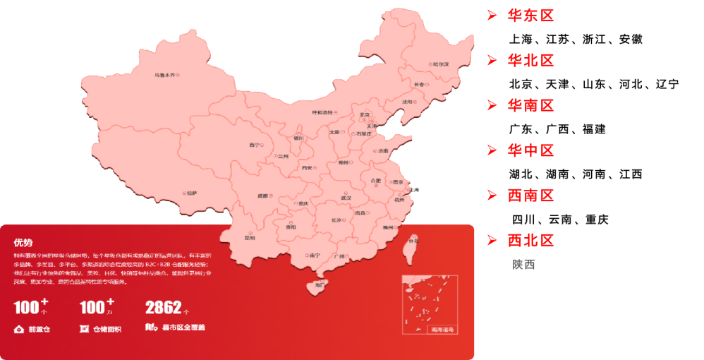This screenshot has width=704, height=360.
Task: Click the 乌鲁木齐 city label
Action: pos(165,74)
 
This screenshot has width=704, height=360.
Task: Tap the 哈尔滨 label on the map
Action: pos(440,64)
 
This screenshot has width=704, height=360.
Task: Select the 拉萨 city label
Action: pos(191,192)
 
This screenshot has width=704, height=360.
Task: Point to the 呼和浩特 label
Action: pos(323,112)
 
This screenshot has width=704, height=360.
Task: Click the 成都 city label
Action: pos(264,196)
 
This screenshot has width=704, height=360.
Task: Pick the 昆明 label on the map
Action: pos(250,238)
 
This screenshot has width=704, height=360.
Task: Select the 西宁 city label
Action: pos(254,145)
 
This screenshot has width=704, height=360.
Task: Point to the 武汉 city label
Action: pos(346,198)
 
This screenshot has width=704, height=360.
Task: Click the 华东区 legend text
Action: pos(530,16)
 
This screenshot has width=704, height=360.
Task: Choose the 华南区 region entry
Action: pos(530,106)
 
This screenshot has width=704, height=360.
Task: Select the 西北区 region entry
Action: pos(530,240)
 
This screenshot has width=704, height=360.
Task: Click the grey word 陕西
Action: pos(523,265)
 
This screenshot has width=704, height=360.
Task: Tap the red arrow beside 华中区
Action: pos(492,150)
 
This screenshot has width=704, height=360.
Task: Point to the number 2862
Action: pos(163,308)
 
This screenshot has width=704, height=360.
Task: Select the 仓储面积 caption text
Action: pos(107,328)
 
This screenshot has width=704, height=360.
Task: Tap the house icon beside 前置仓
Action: pos(18,328)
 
